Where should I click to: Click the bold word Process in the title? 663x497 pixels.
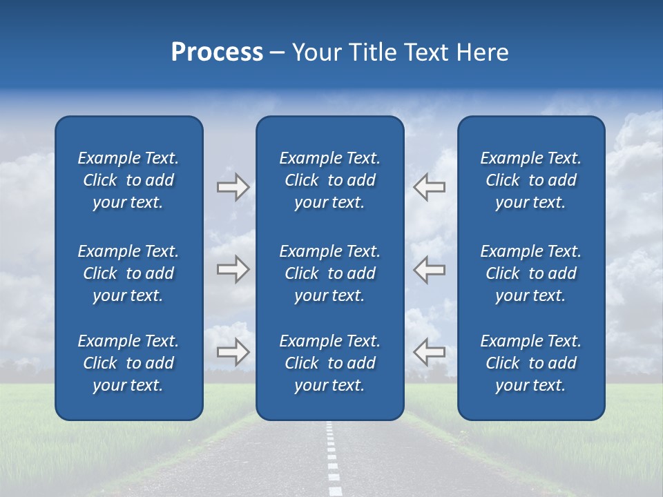point(217,52)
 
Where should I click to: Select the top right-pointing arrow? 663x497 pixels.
point(233,187)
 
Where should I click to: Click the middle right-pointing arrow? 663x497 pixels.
point(233,269)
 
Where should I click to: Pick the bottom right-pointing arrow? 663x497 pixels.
point(233,352)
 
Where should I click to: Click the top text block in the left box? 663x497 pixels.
point(128,180)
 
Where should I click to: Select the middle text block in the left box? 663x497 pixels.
point(128,273)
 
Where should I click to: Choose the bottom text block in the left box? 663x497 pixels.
point(128,363)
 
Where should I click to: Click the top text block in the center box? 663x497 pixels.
point(329,180)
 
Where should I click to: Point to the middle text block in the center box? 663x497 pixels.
point(329,273)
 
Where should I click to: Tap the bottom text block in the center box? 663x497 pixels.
point(329,363)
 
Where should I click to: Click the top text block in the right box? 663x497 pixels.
point(530,180)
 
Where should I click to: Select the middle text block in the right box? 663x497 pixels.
point(530,273)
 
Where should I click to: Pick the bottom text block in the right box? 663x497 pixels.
point(530,363)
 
